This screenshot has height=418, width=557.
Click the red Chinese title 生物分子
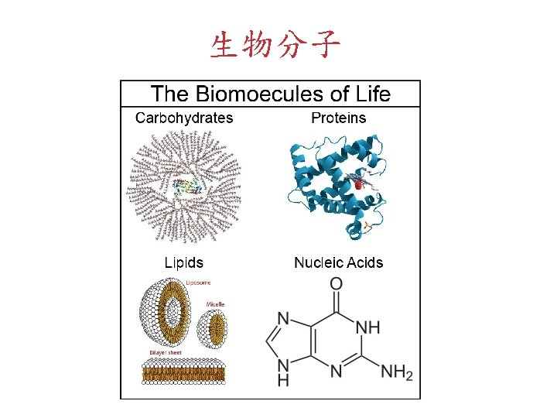pos(275,46)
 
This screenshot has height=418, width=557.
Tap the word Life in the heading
pos(373,95)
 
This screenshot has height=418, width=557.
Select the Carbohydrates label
pos(184,118)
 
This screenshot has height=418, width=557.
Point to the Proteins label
pos(338,118)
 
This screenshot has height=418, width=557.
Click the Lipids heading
pos(184,262)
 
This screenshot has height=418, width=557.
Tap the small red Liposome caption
pos(198,283)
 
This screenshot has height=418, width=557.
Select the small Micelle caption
pos(215,304)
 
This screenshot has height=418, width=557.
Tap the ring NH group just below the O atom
pos(368,327)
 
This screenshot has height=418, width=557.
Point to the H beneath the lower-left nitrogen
pos(282,381)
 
